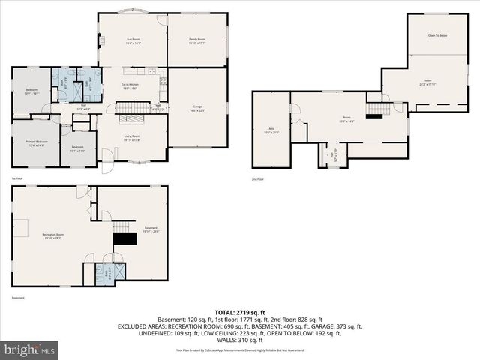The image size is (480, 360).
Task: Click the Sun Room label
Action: point(132,40)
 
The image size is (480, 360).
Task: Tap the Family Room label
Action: point(197,40)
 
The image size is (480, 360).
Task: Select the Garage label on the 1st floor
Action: point(197,108)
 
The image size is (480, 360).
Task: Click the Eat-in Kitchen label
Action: point(132,87)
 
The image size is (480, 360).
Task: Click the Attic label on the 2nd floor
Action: point(271,132)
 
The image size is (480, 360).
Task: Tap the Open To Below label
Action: point(437,35)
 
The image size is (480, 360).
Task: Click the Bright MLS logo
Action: point(31,349)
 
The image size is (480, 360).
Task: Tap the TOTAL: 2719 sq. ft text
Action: point(240,312)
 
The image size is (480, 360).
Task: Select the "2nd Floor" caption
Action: point(258,179)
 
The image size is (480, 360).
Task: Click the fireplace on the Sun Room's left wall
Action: point(102,41)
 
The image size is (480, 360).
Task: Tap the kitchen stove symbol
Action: point(152,72)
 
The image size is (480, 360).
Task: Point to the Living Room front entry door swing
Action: point(107,156)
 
